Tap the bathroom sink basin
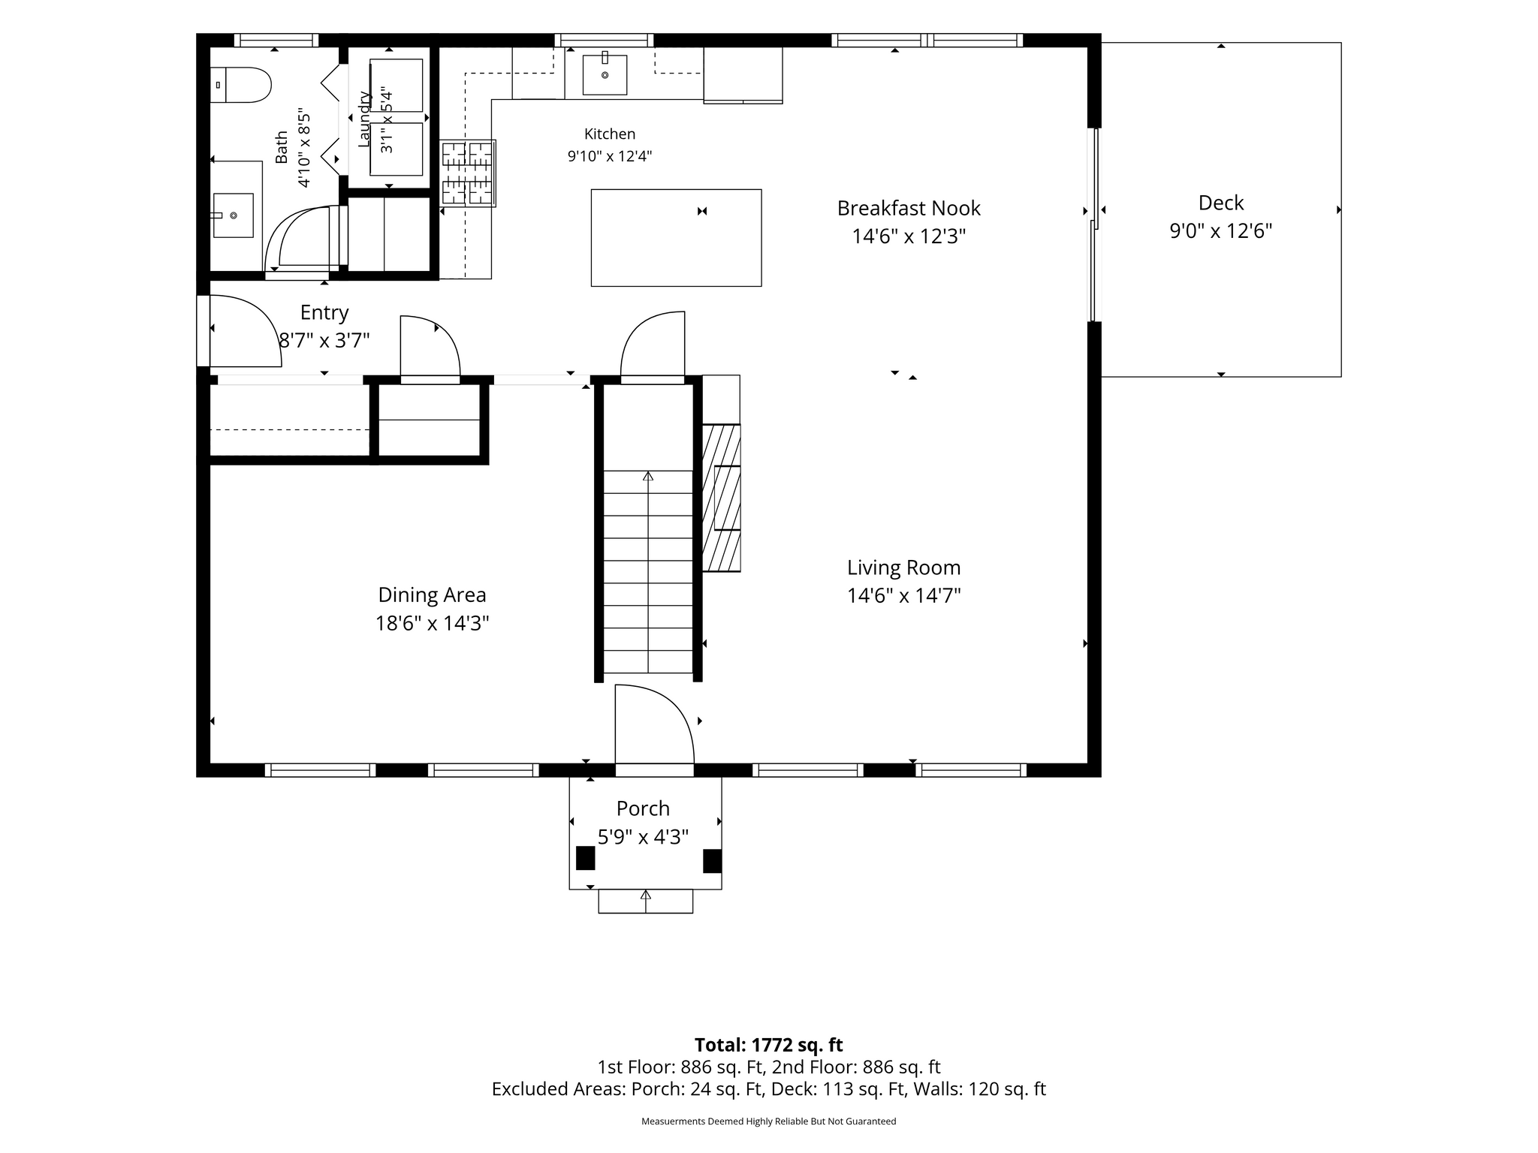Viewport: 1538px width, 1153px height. click(x=233, y=215)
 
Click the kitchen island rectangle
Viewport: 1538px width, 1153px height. click(x=676, y=237)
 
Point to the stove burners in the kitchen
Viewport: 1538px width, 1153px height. click(x=467, y=173)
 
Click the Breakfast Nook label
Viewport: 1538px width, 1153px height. click(x=909, y=208)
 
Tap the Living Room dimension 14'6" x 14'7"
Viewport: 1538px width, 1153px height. click(x=904, y=595)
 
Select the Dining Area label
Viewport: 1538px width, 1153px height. click(x=432, y=595)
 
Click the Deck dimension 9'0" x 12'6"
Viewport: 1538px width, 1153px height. click(x=1221, y=230)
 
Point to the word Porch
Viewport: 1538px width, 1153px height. click(x=643, y=808)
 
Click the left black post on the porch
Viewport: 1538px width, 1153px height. click(x=585, y=858)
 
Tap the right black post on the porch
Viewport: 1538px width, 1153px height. click(x=712, y=861)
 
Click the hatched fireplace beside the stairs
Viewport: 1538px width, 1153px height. click(x=721, y=498)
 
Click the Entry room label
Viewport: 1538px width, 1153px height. click(x=324, y=312)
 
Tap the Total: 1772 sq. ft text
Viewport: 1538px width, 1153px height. click(x=768, y=1045)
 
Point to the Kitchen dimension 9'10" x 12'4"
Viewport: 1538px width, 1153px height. click(x=610, y=156)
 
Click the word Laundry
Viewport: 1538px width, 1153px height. click(x=364, y=119)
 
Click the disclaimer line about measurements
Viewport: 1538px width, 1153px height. click(x=768, y=1121)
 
